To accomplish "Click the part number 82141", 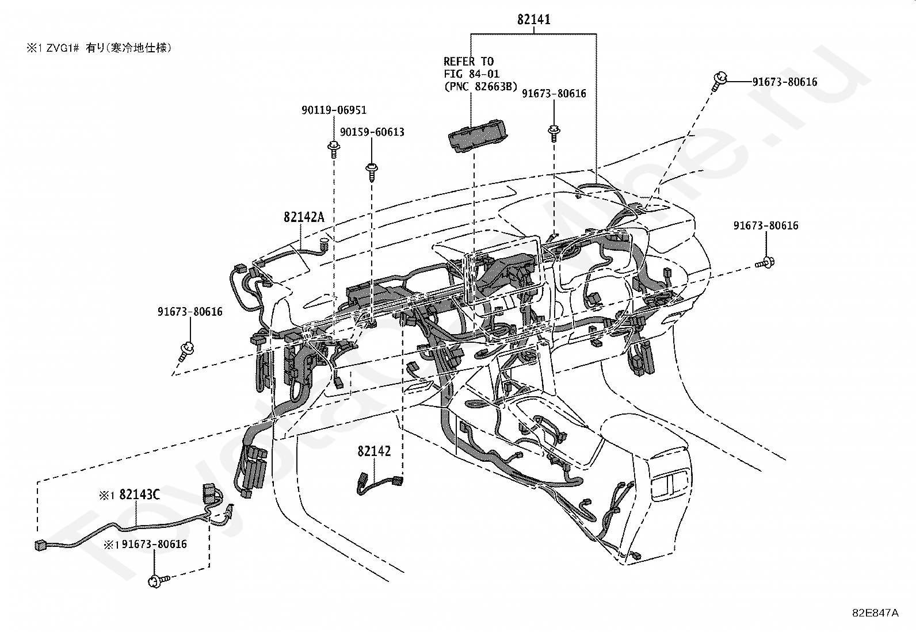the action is [533, 19].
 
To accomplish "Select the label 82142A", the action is [304, 217].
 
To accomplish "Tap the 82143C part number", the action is [139, 495].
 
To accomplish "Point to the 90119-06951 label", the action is [334, 110].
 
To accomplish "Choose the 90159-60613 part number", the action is [372, 132].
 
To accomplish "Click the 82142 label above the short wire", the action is [374, 451].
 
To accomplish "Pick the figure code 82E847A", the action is [876, 613].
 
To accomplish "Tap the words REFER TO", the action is [468, 62].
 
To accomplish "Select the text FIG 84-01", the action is [471, 74].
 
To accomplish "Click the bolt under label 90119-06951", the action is [334, 149].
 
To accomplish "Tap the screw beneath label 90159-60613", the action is [371, 172].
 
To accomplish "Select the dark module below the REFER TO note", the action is [476, 136].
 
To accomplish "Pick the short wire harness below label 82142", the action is [380, 484].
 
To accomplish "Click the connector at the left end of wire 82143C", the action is [40, 545].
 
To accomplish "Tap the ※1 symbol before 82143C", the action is [107, 496].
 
